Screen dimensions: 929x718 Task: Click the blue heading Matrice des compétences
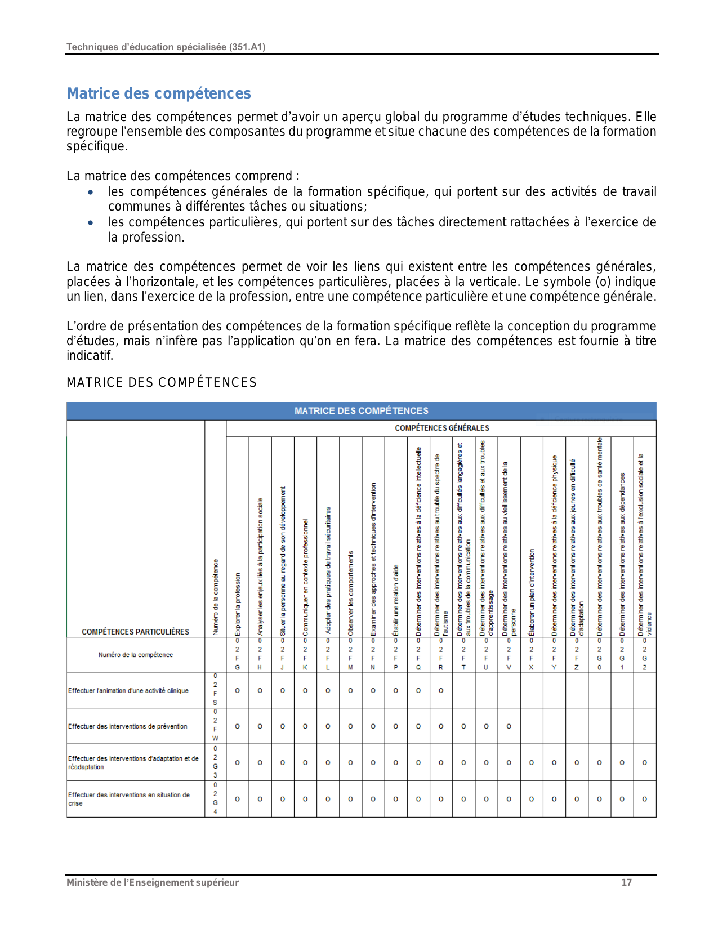coord(159,93)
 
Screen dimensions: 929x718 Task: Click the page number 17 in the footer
coord(626,882)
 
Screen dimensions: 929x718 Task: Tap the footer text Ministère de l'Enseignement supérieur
coord(153,882)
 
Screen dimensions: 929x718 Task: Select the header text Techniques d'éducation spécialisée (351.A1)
coord(166,47)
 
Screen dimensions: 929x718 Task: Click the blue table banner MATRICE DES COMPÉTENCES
coord(361,411)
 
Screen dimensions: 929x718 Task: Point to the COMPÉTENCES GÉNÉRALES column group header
coord(441,428)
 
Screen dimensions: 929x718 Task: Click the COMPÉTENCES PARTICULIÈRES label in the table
coord(135,632)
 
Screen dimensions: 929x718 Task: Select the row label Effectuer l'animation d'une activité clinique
coord(128,691)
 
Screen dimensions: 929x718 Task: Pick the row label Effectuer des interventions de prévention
coord(128,726)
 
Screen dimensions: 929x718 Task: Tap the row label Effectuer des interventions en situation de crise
coord(129,799)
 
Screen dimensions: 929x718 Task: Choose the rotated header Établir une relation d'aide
coord(396,600)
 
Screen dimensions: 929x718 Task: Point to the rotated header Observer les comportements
coord(351,593)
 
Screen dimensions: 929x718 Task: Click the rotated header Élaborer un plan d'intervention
coord(532,593)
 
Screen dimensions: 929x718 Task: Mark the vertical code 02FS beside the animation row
coord(215,690)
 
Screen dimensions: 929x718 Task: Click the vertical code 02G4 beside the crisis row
coord(215,798)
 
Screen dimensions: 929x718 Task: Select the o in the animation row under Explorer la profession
coord(238,690)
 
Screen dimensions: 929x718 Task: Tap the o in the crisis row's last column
coord(645,799)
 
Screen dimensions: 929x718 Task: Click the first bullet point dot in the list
coord(91,192)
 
